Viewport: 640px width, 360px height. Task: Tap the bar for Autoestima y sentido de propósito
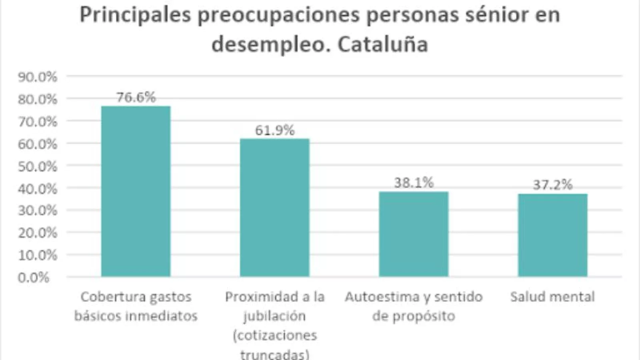point(414,234)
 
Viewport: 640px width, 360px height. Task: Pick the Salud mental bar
point(552,235)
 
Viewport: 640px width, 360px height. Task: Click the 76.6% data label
point(136,97)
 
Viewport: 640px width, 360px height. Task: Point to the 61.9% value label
point(275,130)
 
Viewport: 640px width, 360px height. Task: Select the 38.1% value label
point(414,183)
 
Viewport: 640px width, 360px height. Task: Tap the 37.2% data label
point(552,185)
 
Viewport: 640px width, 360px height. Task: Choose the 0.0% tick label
point(34,277)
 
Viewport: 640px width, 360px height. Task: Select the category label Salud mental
point(552,297)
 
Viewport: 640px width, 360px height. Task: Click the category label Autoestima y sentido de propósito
point(414,306)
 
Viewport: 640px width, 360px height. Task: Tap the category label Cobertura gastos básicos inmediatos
point(136,306)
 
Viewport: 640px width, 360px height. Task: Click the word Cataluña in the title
point(383,44)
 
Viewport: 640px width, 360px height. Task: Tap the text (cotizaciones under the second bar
point(275,335)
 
